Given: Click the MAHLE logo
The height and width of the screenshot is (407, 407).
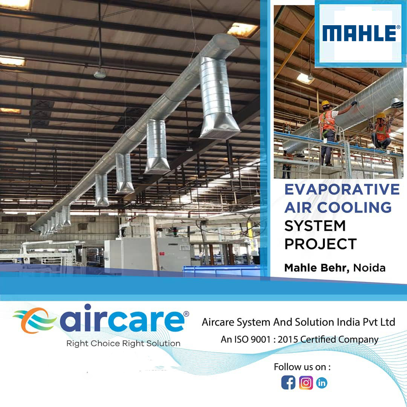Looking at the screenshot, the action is coord(361,33).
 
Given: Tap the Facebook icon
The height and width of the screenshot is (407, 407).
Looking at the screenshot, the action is coord(288,383).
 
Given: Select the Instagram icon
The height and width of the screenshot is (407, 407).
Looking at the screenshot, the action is coord(306,383).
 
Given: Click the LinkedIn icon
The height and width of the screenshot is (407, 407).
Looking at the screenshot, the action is coord(321,383).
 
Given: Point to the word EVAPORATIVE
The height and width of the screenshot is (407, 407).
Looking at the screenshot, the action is coord(342,189).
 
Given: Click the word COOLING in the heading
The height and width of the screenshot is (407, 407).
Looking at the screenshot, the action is coord(354,207).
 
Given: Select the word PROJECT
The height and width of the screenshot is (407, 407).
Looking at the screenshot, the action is coord(321,244).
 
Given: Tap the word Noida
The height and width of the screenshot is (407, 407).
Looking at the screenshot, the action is coord(369,268).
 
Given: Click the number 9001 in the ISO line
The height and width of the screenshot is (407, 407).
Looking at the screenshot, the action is coord(260,339).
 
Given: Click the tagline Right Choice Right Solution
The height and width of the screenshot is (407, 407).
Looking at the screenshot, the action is coord(123,343).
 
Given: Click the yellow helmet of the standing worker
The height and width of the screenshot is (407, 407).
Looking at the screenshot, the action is coord(325,103).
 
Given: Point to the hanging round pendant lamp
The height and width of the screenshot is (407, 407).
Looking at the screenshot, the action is coord(100,74).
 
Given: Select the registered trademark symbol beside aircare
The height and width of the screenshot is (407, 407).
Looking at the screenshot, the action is coord(186,314).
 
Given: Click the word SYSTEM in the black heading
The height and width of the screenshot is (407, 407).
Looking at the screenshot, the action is coord(315,226).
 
